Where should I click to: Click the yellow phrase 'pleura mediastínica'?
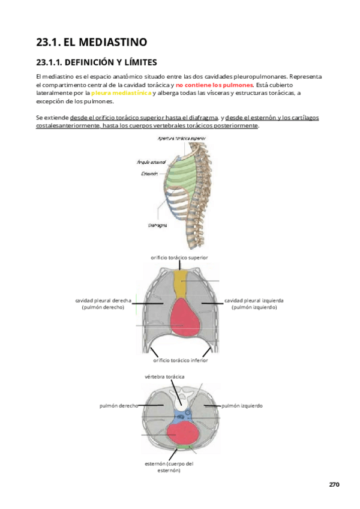point(121,93)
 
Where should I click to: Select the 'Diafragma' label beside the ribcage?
point(157,226)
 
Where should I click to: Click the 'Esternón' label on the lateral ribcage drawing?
point(150,173)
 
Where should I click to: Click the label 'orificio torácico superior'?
point(179,257)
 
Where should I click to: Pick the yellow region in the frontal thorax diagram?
point(180,285)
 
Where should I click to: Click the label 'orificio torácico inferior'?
point(180,361)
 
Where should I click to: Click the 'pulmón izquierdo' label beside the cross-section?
point(242,406)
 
